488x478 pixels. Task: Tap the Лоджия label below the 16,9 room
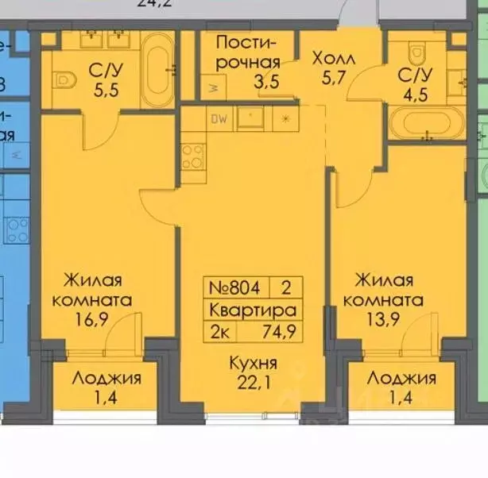(x=107, y=379)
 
